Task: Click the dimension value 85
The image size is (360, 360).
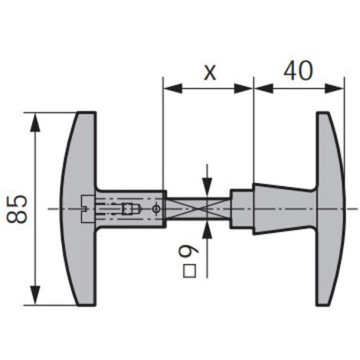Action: point(17,209)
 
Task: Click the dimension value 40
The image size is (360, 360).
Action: point(298,70)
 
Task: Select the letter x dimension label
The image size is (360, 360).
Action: point(210,73)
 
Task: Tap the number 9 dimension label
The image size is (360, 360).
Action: point(188,252)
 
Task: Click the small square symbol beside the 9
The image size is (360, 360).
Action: point(190,271)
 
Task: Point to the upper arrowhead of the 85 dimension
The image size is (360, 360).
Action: point(35,122)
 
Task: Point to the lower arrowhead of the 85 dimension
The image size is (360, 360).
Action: point(35,296)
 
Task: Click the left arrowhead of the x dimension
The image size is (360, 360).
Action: point(173,88)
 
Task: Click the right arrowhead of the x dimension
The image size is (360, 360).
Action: point(244,88)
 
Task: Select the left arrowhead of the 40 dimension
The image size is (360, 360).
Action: point(263,88)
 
